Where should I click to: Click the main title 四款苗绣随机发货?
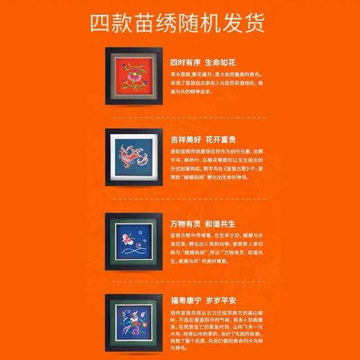179,23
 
